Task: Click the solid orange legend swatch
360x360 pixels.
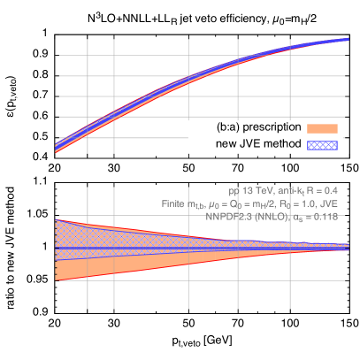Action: (322, 129)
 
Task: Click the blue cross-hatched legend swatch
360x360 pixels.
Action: (322, 144)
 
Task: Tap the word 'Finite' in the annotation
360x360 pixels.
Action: (174, 203)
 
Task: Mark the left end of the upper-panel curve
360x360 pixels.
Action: (57, 147)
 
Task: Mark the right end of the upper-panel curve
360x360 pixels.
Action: (347, 40)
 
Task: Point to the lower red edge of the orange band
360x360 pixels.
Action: (133, 267)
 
